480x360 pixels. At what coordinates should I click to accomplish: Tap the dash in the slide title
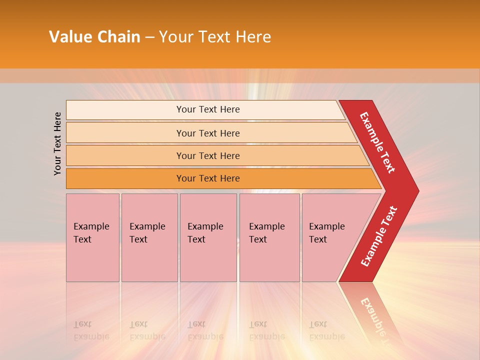click(149, 37)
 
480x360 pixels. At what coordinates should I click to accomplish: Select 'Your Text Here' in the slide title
click(215, 37)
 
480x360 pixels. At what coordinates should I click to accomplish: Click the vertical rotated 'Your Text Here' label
click(57, 143)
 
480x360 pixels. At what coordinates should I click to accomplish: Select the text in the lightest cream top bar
click(208, 109)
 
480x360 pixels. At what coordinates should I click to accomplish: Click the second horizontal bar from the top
click(208, 133)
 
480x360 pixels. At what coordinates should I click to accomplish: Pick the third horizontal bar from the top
click(208, 155)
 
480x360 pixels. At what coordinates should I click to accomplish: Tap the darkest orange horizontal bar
click(208, 178)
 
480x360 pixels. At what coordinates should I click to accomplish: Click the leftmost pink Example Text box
click(92, 237)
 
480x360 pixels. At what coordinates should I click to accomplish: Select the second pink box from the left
click(149, 237)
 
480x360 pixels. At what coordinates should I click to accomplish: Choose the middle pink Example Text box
click(208, 237)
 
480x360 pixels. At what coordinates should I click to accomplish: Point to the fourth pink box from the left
click(269, 237)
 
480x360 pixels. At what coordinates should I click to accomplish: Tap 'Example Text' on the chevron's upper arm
click(377, 142)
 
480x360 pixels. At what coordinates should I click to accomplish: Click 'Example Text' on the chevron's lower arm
click(379, 236)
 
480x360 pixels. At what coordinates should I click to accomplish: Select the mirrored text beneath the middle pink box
click(205, 331)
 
